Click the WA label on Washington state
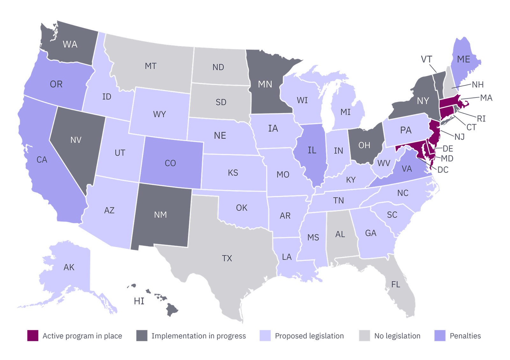(x=70, y=44)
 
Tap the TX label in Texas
(x=227, y=258)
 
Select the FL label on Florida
(x=396, y=284)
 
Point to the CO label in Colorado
(x=170, y=163)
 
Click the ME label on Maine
(x=463, y=59)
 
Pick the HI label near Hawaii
(x=139, y=301)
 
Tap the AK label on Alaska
(x=69, y=267)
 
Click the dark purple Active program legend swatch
(x=33, y=336)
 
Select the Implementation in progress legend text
(x=198, y=336)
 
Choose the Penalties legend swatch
(x=440, y=336)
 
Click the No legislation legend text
(x=397, y=336)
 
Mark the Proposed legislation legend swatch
(x=265, y=336)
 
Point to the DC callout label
(x=443, y=170)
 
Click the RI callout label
(x=481, y=119)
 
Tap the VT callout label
(x=426, y=60)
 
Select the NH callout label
(x=477, y=85)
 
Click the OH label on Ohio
(x=364, y=145)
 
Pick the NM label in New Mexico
(x=160, y=215)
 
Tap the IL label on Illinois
(x=312, y=150)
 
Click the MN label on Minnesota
(x=265, y=84)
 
